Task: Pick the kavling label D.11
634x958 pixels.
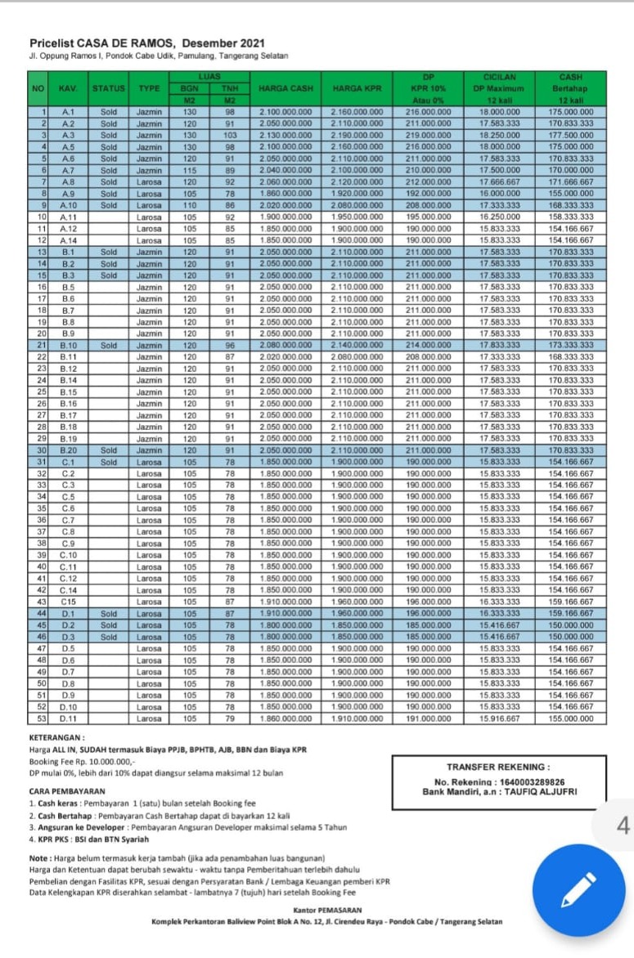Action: [x=69, y=718]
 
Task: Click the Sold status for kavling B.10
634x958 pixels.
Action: [x=109, y=345]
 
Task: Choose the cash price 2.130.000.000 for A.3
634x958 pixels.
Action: [x=286, y=134]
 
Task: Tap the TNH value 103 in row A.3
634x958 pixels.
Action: [x=230, y=134]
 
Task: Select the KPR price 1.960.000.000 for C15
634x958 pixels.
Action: [x=357, y=601]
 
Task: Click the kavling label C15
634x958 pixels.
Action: [x=69, y=601]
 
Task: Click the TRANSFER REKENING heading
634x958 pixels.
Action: [x=498, y=767]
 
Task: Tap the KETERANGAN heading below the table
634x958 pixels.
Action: [x=56, y=737]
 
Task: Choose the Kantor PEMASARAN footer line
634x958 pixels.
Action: [x=326, y=910]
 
